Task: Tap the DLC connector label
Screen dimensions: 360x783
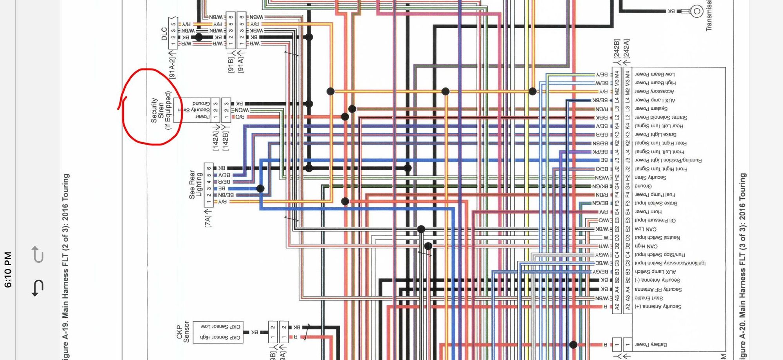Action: (164, 34)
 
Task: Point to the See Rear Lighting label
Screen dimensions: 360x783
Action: (195, 184)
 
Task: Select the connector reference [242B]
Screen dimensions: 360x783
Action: (617, 49)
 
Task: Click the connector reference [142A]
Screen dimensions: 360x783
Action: (216, 141)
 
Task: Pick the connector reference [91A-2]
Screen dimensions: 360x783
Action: (172, 68)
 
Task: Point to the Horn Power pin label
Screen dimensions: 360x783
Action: (648, 212)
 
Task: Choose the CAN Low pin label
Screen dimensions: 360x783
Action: (646, 229)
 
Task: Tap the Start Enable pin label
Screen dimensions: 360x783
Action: (649, 298)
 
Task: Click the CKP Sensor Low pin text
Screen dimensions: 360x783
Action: (220, 326)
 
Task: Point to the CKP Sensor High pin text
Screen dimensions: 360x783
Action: (220, 337)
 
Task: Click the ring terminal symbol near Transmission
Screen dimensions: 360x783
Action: (696, 11)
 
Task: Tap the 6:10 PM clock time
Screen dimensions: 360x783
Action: (8, 270)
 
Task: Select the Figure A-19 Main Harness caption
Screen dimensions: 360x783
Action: (65, 266)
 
